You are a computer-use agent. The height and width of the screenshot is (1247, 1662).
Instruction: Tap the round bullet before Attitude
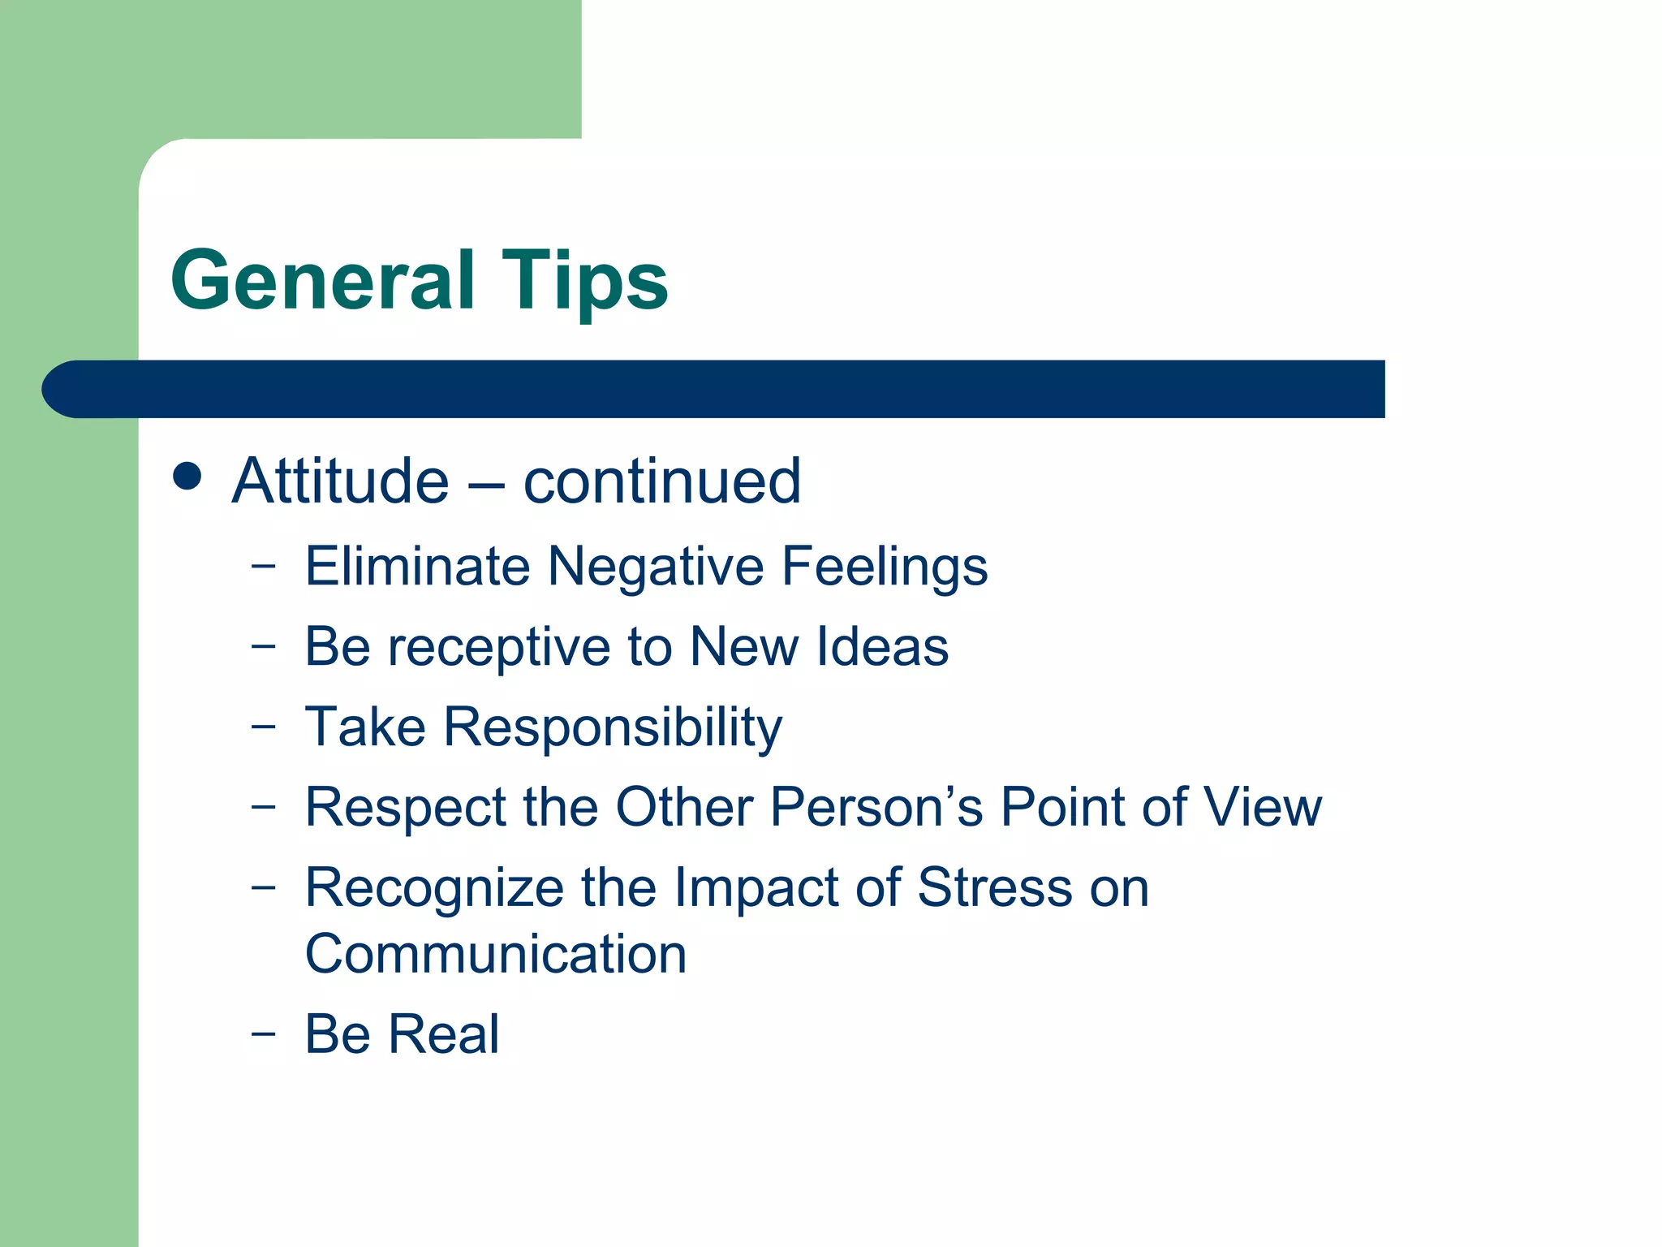(x=187, y=477)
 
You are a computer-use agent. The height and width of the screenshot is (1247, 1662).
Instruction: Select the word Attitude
(x=340, y=481)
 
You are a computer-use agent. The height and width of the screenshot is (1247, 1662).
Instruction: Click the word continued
(x=661, y=481)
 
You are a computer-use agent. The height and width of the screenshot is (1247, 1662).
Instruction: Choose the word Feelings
(x=885, y=567)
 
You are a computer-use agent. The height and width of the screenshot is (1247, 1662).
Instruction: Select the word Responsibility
(x=613, y=727)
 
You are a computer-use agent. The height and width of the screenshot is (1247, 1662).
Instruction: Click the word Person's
(x=876, y=807)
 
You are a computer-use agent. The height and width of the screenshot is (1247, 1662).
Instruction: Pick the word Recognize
(x=434, y=887)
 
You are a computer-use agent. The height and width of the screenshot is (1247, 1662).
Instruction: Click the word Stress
(x=995, y=887)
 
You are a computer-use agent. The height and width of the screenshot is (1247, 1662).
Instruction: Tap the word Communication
(x=496, y=954)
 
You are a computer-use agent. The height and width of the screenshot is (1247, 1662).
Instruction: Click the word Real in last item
(x=443, y=1034)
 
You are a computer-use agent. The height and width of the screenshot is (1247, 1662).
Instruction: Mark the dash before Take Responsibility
(x=263, y=725)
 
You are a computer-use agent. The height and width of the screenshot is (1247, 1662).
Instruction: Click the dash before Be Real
(x=263, y=1033)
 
